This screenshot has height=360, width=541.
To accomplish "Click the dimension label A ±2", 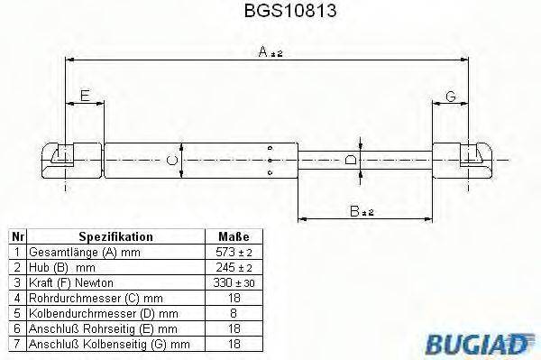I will click(270, 53).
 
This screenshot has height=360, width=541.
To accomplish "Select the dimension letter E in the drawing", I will click(84, 96).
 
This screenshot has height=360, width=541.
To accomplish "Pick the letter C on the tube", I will click(173, 160).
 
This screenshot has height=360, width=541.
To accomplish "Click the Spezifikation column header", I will click(115, 236).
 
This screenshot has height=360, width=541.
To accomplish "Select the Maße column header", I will click(234, 236).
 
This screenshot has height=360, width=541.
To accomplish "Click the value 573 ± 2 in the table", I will click(234, 252).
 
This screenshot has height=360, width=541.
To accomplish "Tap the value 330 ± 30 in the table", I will click(234, 282).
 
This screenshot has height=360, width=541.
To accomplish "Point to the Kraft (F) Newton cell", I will click(72, 282).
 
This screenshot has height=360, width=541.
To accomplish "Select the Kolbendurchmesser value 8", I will click(234, 311).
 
